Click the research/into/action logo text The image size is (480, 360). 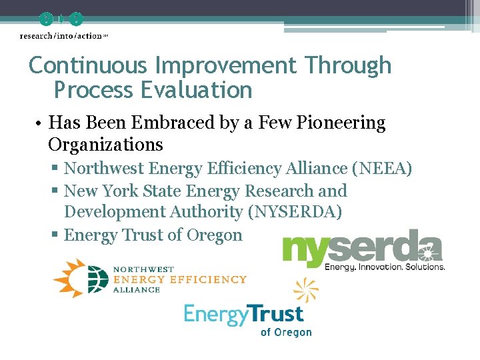pyautogui.click(x=61, y=36)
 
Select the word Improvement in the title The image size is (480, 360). pyautogui.click(x=226, y=65)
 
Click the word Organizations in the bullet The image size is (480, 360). pyautogui.click(x=105, y=145)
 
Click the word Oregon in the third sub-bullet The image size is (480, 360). pyautogui.click(x=215, y=235)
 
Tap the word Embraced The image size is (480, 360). pyautogui.click(x=165, y=123)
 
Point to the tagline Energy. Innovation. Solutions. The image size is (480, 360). pyautogui.click(x=385, y=267)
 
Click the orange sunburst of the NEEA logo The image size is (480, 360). pyautogui.click(x=75, y=277)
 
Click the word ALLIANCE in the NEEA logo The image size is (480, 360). pyautogui.click(x=137, y=290)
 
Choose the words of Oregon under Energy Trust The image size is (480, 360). pyautogui.click(x=286, y=332)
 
